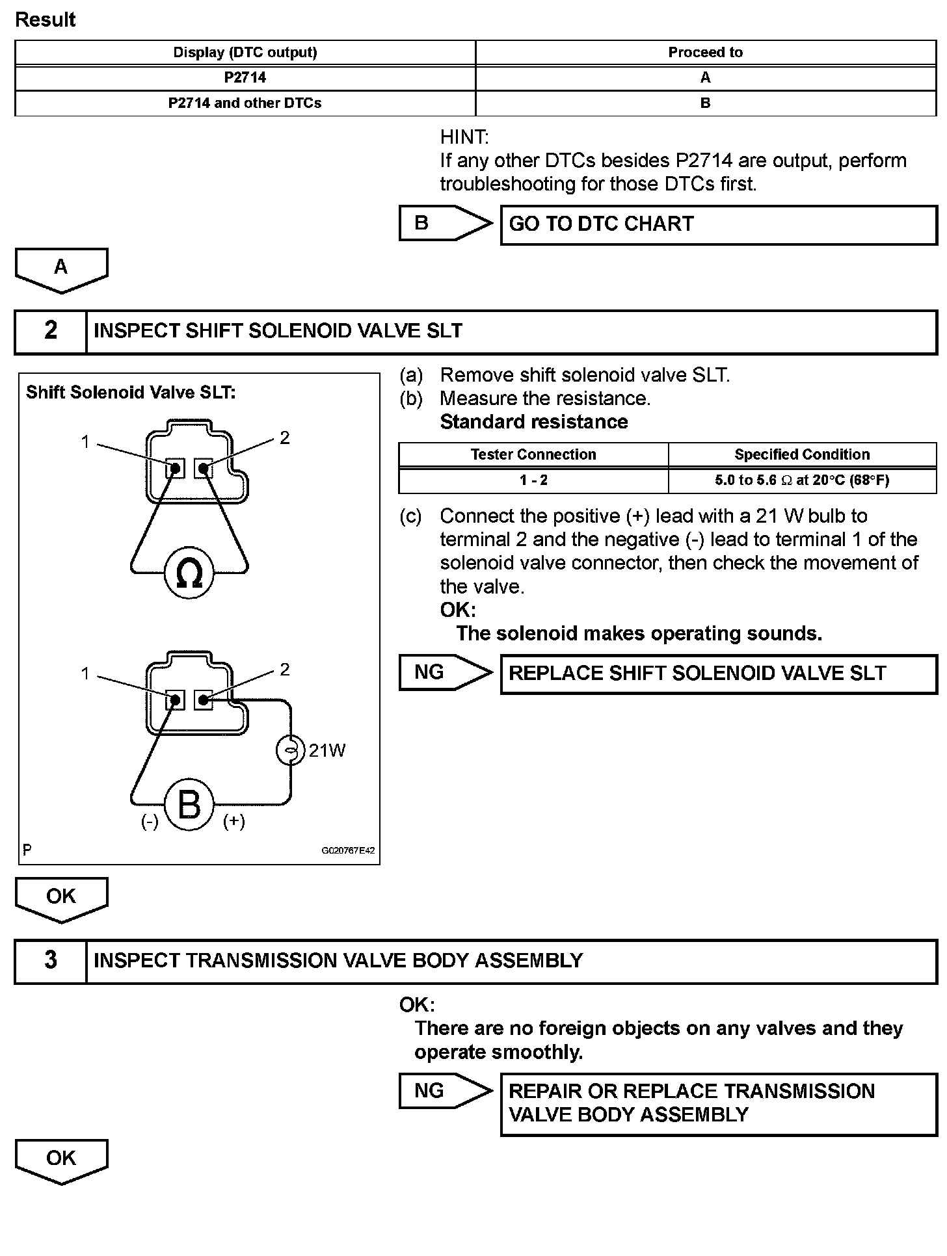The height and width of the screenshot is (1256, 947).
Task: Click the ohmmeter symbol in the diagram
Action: pyautogui.click(x=189, y=573)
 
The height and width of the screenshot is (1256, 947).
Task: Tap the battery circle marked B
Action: pyautogui.click(x=189, y=805)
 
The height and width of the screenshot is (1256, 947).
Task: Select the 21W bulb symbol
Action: pyautogui.click(x=290, y=751)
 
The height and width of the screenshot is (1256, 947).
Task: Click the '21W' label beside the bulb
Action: pyautogui.click(x=327, y=751)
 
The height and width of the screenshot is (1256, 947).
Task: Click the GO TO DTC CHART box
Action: pyautogui.click(x=718, y=225)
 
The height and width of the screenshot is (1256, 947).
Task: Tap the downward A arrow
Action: pyautogui.click(x=61, y=269)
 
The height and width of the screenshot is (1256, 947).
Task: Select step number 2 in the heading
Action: pyautogui.click(x=51, y=331)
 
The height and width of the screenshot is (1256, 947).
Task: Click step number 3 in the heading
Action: pyautogui.click(x=51, y=961)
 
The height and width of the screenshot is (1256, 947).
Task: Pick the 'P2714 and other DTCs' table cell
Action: pyautogui.click(x=245, y=103)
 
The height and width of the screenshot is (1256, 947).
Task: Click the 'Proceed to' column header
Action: pyautogui.click(x=705, y=53)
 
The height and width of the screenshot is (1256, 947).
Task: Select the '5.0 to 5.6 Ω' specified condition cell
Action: pyautogui.click(x=802, y=480)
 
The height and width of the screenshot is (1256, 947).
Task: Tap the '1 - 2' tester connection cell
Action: pyautogui.click(x=533, y=480)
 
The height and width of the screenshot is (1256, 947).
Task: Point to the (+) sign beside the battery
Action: pyautogui.click(x=234, y=822)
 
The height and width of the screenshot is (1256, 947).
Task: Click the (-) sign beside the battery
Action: pyautogui.click(x=150, y=822)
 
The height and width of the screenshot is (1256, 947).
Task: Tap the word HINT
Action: pyautogui.click(x=464, y=137)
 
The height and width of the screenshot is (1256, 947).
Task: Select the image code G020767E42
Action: pyautogui.click(x=348, y=850)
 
